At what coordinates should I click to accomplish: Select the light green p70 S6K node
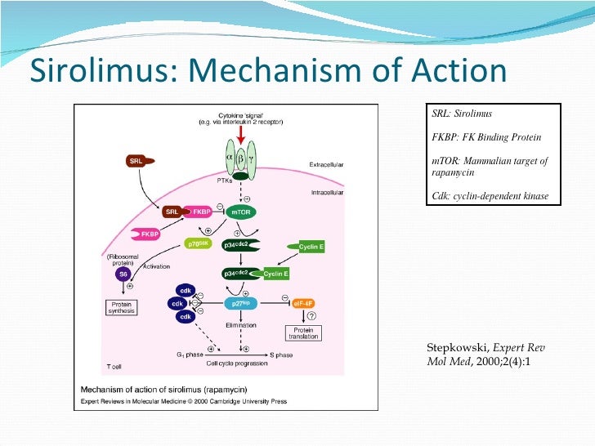click(201, 243)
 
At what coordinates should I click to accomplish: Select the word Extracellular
click(326, 164)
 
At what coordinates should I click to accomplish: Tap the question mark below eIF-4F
click(311, 316)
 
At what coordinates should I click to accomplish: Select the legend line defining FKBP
click(486, 136)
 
